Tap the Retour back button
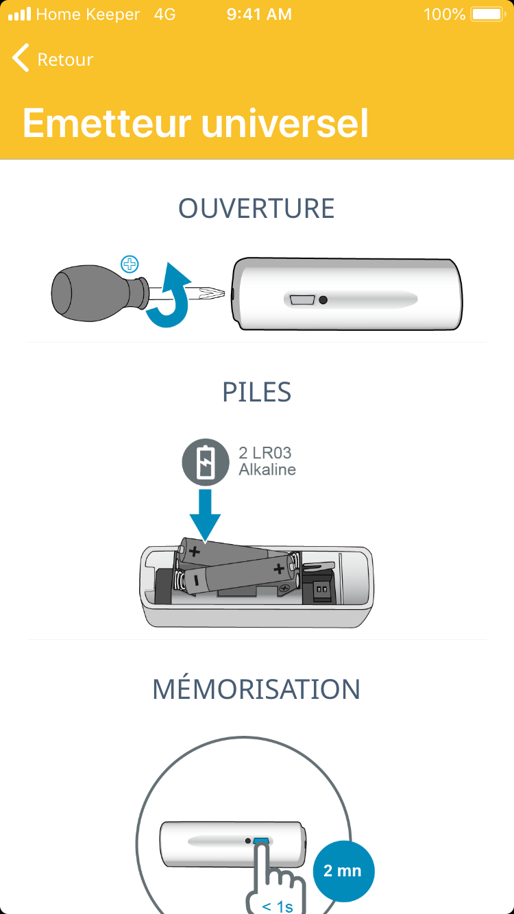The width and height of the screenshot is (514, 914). [53, 58]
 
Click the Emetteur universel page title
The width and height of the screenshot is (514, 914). [195, 123]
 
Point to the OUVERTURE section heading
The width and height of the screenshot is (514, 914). [256, 208]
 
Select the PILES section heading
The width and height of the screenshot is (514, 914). [256, 392]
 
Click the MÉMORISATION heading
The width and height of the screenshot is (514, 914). [256, 689]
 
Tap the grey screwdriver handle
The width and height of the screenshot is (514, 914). [98, 293]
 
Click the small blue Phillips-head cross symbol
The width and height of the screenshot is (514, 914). [130, 264]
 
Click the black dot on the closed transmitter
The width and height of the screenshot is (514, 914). [323, 300]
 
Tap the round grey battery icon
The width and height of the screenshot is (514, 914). [206, 462]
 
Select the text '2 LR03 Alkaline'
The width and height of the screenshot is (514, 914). [267, 461]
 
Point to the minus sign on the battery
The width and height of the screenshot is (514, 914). [196, 580]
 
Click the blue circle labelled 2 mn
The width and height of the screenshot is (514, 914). [343, 871]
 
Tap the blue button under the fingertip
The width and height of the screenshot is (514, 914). [261, 841]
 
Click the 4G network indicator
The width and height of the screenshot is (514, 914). [164, 14]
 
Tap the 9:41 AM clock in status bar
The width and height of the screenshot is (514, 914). [259, 14]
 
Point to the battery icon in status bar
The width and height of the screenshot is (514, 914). [488, 14]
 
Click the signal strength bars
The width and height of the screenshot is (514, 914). [20, 14]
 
